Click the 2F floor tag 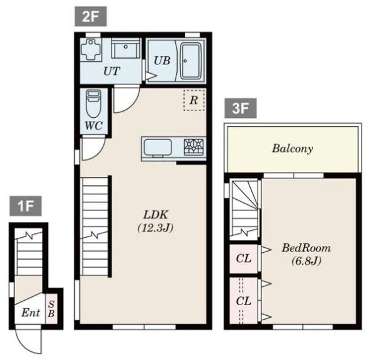[x=91, y=16]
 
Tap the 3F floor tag [x=241, y=108]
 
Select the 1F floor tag [x=26, y=206]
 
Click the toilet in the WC [x=94, y=103]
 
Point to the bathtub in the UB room [x=192, y=61]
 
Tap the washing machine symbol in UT [x=91, y=49]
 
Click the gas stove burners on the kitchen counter [x=194, y=147]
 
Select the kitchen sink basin [x=157, y=148]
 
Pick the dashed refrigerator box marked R [x=194, y=100]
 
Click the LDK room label [x=156, y=215]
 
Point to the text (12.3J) [x=156, y=228]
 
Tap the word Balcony [x=292, y=149]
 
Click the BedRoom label [x=306, y=248]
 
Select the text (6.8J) [x=307, y=261]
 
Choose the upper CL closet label [x=243, y=258]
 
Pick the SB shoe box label [x=52, y=309]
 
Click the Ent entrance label [x=31, y=313]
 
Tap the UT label [x=112, y=71]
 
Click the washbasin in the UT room [x=125, y=48]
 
